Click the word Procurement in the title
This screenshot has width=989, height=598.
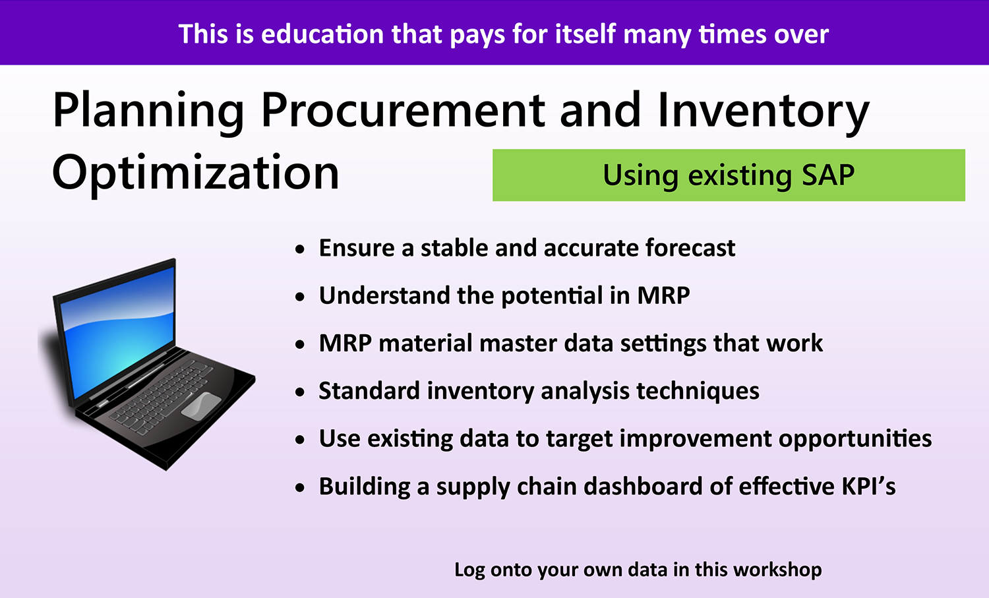402,110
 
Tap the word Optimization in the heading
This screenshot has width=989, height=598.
195,173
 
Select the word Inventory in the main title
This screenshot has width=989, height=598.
763,110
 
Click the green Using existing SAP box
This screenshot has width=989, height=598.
728,175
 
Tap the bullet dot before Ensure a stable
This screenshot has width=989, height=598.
301,250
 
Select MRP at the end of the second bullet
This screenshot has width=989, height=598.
663,296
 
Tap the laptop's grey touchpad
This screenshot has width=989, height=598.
200,405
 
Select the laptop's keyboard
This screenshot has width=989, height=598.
162,396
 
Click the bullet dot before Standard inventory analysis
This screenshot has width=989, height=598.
301,393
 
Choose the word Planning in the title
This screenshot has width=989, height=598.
148,110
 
